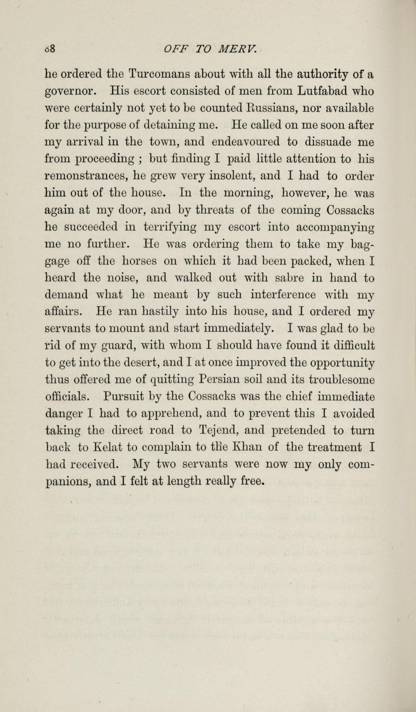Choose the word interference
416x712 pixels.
pyautogui.click(x=283, y=295)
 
